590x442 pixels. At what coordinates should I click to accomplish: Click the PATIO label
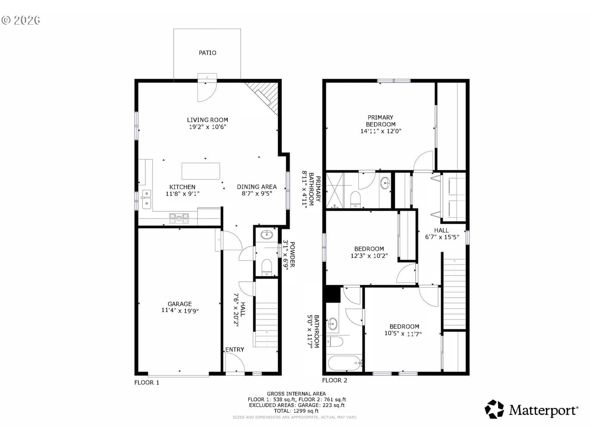(207, 53)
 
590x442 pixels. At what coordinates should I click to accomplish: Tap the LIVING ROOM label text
(208, 120)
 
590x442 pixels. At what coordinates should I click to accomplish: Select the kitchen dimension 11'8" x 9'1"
(183, 194)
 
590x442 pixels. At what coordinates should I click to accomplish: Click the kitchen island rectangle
(201, 171)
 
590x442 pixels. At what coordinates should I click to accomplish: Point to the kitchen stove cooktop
(179, 218)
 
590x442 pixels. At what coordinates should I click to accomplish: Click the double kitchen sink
(146, 199)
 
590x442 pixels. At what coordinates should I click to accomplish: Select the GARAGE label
(180, 304)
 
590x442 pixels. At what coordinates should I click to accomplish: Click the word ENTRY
(235, 350)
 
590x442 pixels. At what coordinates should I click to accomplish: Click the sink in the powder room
(267, 235)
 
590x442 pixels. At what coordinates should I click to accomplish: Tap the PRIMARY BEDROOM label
(381, 121)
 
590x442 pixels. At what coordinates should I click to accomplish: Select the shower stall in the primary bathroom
(335, 190)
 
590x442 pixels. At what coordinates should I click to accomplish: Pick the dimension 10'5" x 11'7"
(403, 334)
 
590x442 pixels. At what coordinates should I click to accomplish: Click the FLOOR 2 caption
(335, 380)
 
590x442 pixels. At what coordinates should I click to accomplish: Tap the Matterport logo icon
(494, 410)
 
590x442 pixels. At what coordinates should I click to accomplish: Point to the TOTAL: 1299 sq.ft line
(296, 411)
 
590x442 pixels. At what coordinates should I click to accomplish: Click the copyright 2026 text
(21, 20)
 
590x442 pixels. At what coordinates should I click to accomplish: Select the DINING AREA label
(257, 187)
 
